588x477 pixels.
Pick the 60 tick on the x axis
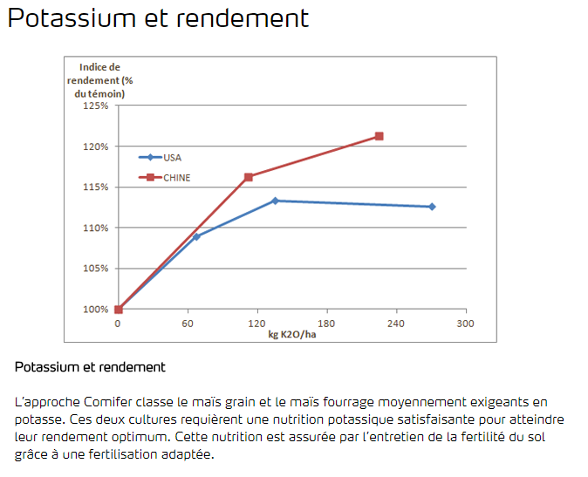(x=188, y=324)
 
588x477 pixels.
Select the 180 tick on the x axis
(x=327, y=324)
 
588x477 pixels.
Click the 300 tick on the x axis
(x=466, y=324)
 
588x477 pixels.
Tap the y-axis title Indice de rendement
(x=99, y=79)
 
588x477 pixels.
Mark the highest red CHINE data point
(x=379, y=136)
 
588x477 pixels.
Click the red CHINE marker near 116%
(x=249, y=177)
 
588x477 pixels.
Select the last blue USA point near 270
(x=432, y=207)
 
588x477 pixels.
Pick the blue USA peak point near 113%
(x=275, y=201)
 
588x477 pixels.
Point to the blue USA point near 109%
(x=196, y=236)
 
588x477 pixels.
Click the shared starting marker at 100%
(x=119, y=309)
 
